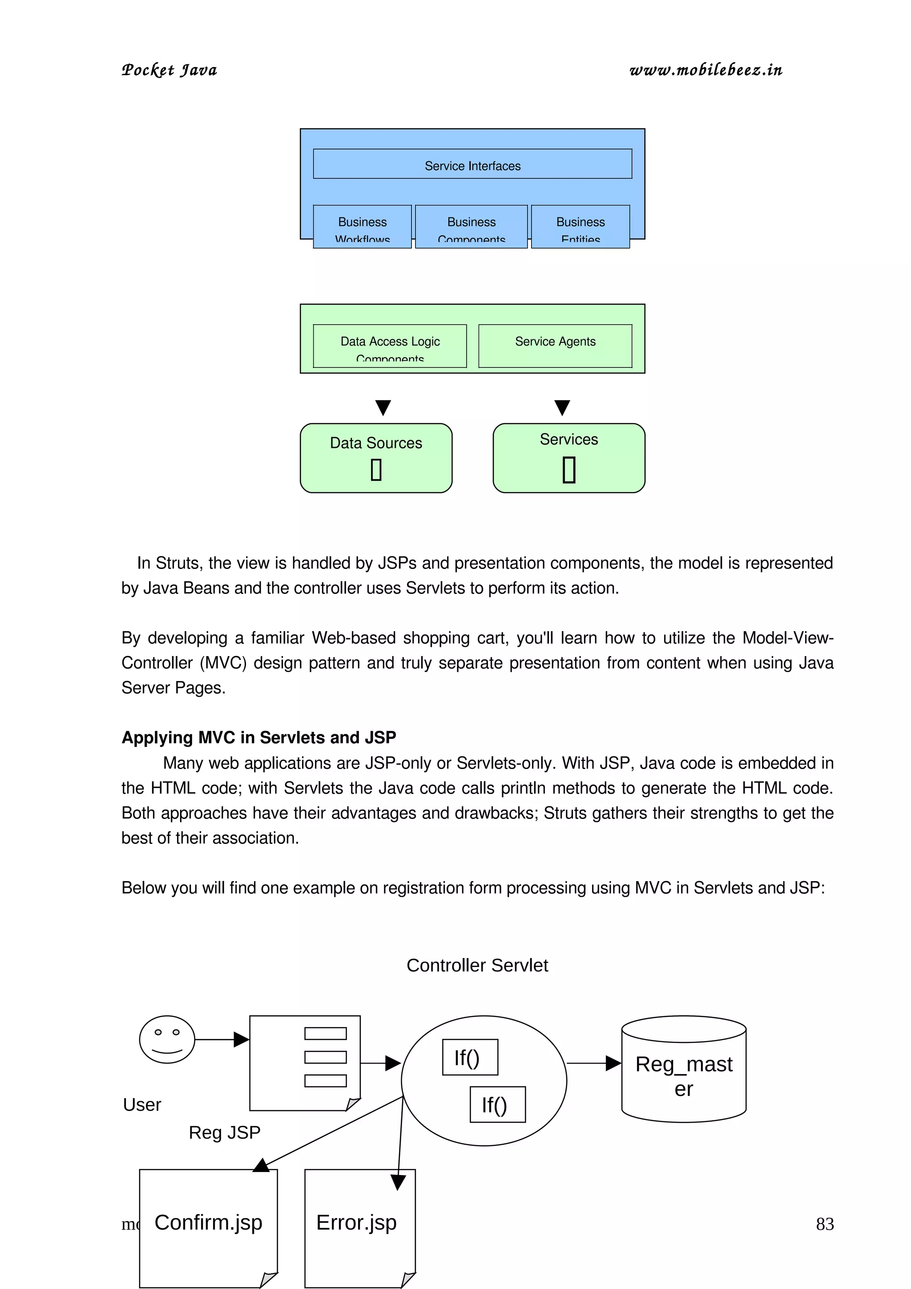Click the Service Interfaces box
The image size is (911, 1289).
tap(472, 164)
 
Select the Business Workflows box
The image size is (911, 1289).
tap(362, 227)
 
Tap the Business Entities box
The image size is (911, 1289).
tap(580, 227)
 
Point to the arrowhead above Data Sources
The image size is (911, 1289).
tap(383, 407)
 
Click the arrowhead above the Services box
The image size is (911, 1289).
tap(562, 407)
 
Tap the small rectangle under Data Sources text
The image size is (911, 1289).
tap(376, 469)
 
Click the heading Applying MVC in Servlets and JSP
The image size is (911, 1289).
tap(259, 737)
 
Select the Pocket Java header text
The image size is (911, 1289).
tap(169, 70)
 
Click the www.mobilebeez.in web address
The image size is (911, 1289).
tap(705, 70)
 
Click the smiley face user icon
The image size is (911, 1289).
tap(167, 1039)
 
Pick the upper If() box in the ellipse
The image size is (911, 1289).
tap(469, 1057)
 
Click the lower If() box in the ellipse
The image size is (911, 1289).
tap(497, 1104)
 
